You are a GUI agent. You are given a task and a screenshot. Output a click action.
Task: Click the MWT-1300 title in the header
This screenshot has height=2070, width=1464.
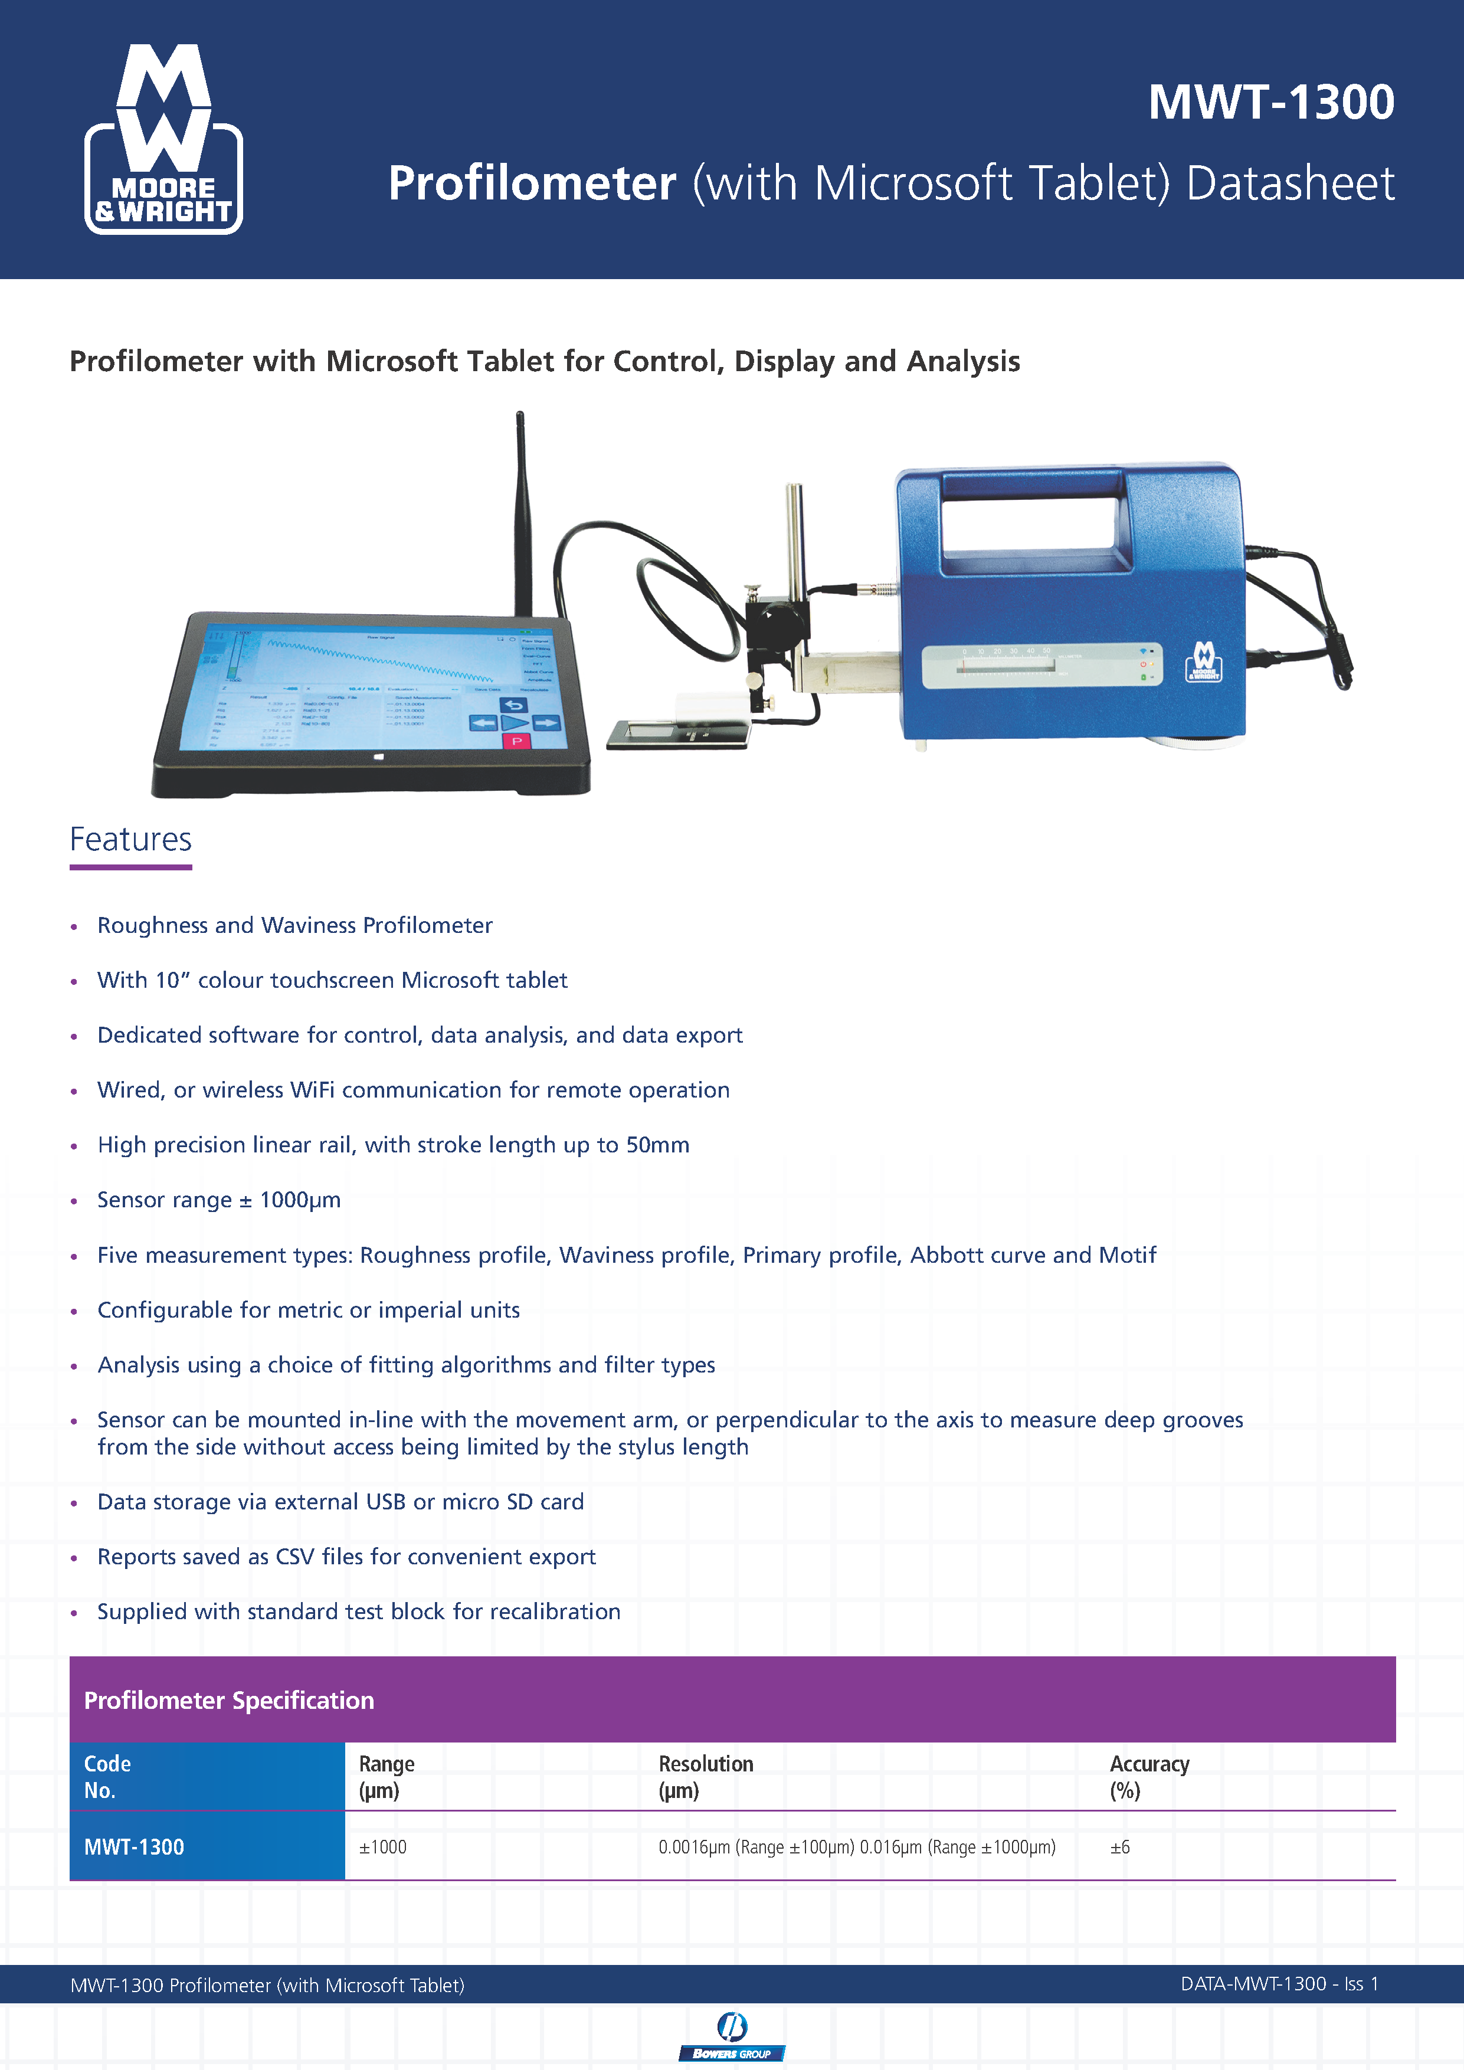pos(1270,102)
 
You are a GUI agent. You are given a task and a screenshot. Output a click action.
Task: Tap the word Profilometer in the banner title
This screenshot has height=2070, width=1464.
pos(532,184)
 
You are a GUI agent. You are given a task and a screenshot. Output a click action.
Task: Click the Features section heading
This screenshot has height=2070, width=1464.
pos(131,839)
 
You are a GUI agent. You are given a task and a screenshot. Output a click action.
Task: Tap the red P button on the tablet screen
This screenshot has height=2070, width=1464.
pos(516,741)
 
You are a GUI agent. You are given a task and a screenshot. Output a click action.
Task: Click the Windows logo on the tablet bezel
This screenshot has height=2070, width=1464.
pos(379,757)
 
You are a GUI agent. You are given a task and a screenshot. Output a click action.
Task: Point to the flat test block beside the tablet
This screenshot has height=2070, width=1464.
pos(676,734)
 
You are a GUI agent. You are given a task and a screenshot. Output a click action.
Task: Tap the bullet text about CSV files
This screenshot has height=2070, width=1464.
pos(346,1557)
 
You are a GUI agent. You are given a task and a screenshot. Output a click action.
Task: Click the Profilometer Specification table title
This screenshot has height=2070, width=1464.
pos(229,1701)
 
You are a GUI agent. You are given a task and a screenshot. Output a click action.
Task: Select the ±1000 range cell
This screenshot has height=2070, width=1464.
pos(383,1848)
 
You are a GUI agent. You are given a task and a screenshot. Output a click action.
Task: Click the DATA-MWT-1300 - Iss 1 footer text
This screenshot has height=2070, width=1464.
pos(1278,1984)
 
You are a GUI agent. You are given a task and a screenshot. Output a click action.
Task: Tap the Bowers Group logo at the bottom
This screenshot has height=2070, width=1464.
pos(731,2036)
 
